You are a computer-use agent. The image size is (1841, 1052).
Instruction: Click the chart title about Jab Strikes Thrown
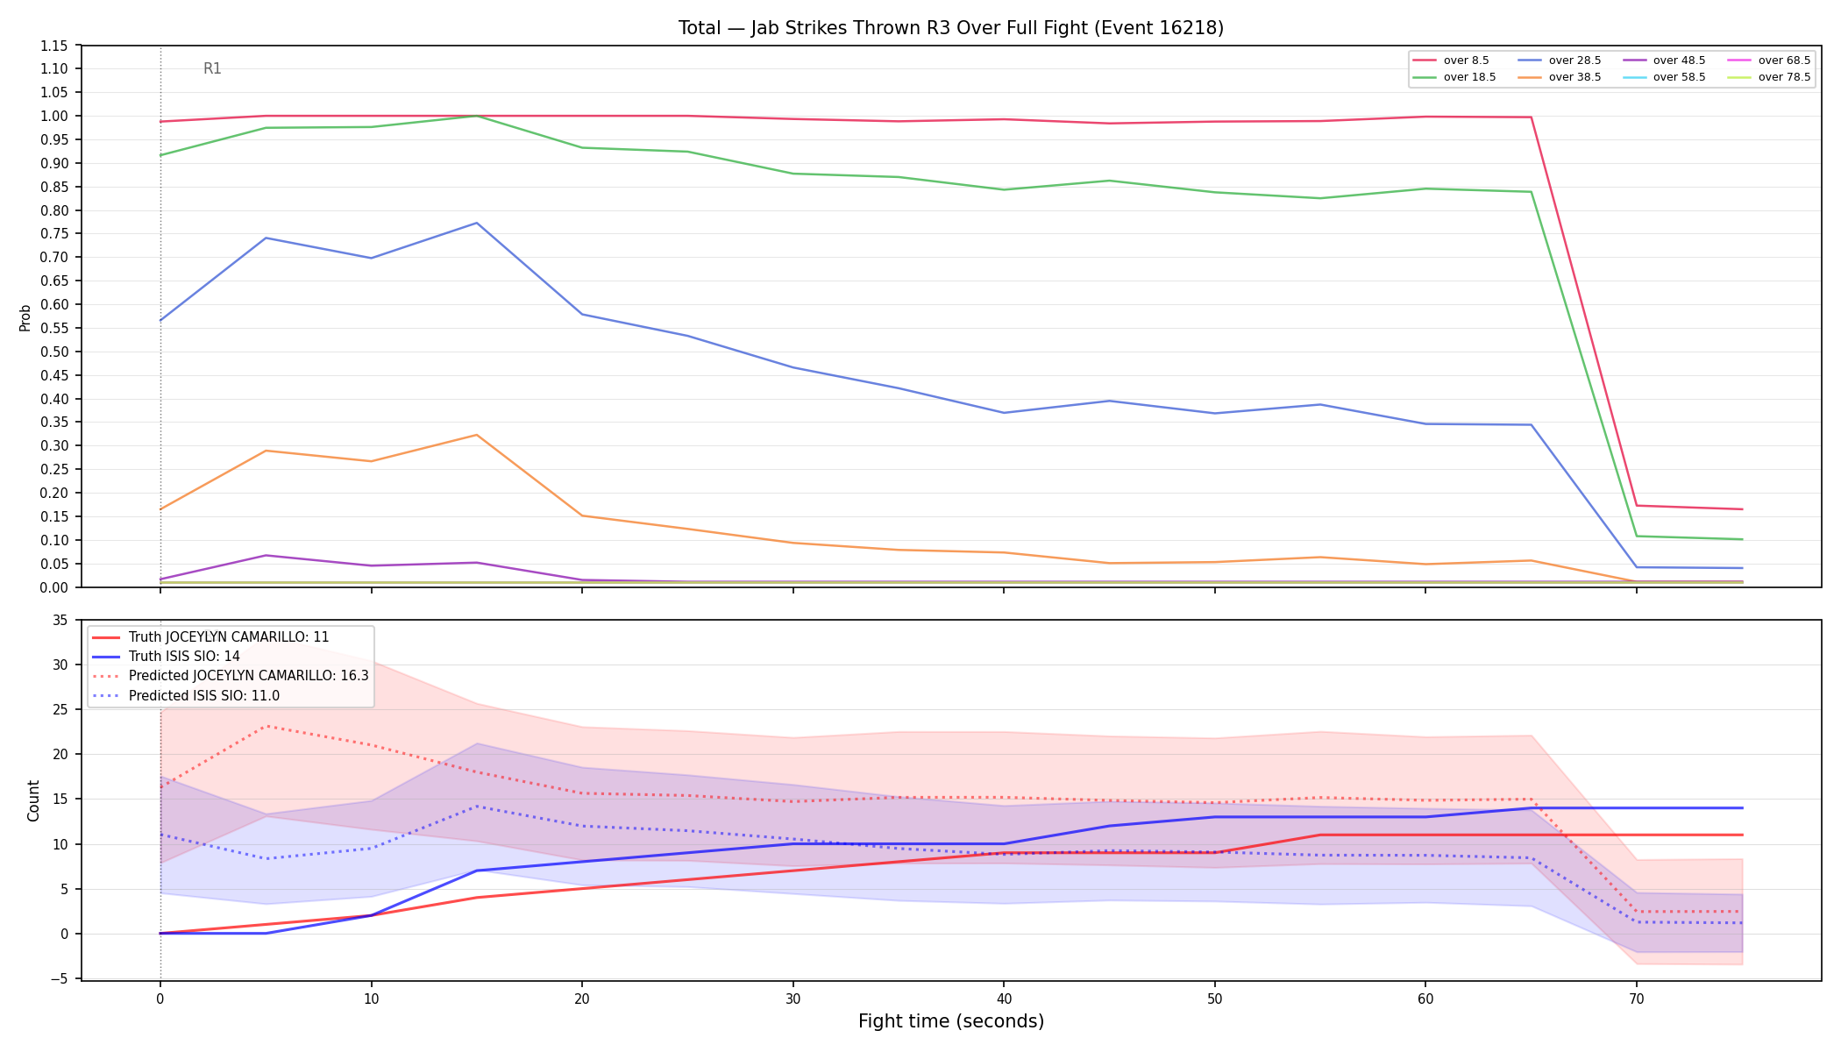951,28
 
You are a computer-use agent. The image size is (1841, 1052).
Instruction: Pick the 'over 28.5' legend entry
1560,60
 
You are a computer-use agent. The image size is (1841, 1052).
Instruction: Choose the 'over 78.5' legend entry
1769,77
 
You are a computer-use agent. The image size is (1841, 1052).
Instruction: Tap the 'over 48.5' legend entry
1664,60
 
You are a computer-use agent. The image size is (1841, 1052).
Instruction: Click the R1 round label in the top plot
212,68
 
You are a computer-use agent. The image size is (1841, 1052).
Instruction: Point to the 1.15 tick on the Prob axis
54,46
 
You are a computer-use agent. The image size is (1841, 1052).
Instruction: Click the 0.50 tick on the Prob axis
54,352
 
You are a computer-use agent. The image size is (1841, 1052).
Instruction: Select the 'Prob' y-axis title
25,317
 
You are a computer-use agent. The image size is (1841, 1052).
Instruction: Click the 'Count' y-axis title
33,800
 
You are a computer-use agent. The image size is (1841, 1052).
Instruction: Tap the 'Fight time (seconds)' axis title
951,1021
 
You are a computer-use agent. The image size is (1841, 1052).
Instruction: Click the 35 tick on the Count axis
60,621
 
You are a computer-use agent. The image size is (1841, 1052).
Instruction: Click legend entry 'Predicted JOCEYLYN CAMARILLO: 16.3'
230,676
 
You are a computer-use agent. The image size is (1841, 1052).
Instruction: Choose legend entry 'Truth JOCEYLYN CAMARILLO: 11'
210,637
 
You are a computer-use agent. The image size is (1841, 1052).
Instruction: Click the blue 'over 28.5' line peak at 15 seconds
476,223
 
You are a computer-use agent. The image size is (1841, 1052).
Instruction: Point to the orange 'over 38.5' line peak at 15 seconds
476,435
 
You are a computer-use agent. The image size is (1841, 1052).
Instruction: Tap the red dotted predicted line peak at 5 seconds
266,726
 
